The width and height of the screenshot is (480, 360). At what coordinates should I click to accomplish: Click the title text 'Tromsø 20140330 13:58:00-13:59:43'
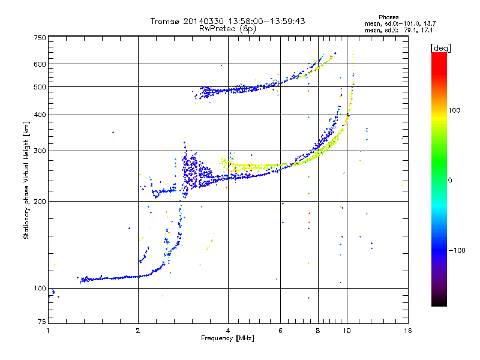point(227,21)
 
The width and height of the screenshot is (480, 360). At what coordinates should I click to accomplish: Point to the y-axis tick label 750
point(40,38)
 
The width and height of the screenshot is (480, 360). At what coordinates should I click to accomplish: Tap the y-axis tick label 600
point(40,64)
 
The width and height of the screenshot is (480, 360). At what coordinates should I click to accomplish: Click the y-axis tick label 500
point(40,87)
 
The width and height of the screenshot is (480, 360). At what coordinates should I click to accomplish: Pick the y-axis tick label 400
point(40,115)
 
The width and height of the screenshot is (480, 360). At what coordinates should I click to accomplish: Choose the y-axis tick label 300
point(40,151)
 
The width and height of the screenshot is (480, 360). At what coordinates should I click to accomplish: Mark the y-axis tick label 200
point(40,202)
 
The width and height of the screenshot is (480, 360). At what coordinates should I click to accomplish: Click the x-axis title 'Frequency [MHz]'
point(227,339)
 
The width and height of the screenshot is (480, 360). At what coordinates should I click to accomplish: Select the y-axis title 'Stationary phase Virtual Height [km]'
point(26,180)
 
